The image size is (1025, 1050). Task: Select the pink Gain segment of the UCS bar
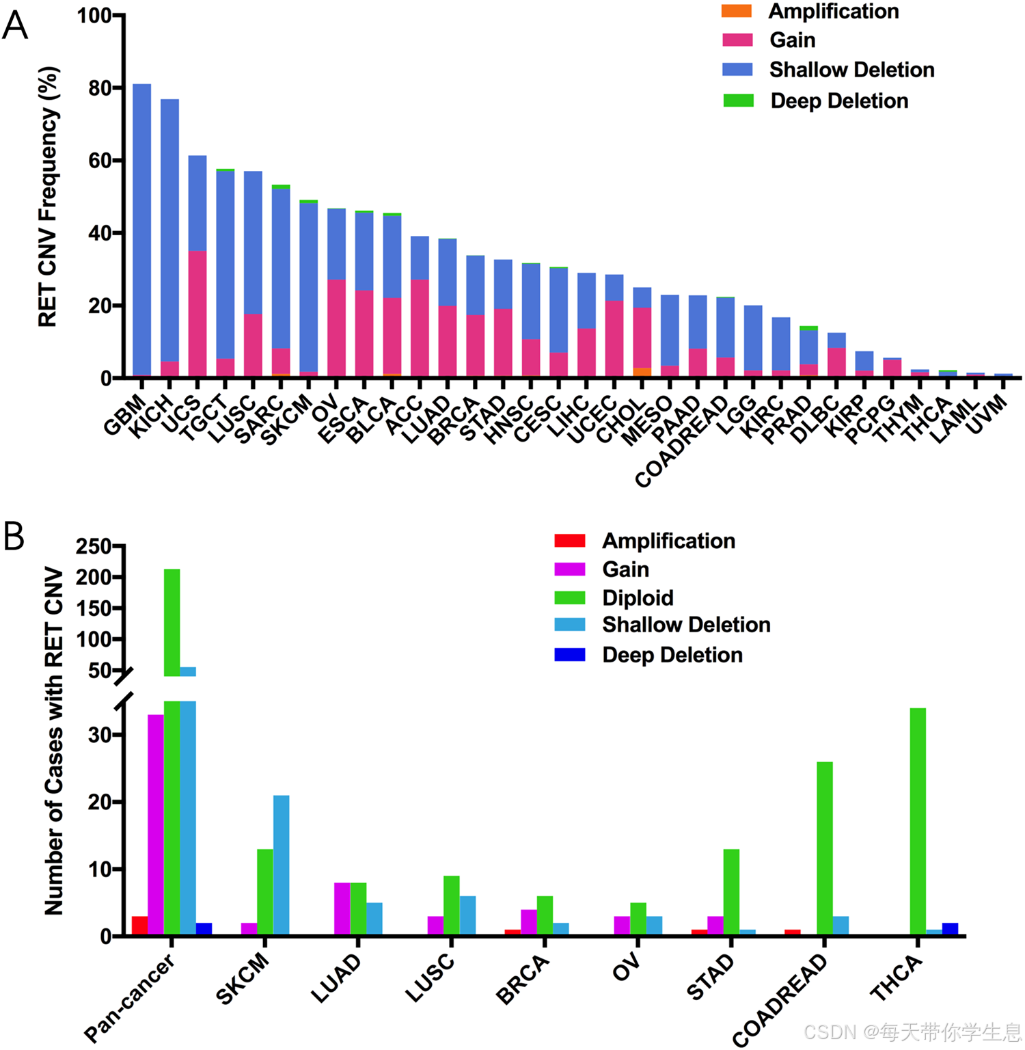click(x=197, y=314)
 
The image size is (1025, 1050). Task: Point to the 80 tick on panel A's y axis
click(x=100, y=88)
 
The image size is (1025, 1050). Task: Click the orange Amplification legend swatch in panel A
click(x=737, y=12)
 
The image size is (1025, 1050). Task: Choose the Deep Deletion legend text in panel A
click(x=839, y=101)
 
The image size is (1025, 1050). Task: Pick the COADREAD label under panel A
click(x=682, y=442)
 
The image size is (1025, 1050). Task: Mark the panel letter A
click(x=15, y=26)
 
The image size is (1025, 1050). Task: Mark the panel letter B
click(x=14, y=537)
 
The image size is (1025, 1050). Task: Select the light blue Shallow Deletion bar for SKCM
click(x=281, y=865)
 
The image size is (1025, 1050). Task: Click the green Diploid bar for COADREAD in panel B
click(x=824, y=848)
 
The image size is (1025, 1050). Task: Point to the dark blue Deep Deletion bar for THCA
click(x=950, y=929)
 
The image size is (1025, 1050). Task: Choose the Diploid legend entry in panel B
click(x=637, y=598)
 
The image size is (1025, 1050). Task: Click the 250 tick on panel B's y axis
click(x=94, y=547)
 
